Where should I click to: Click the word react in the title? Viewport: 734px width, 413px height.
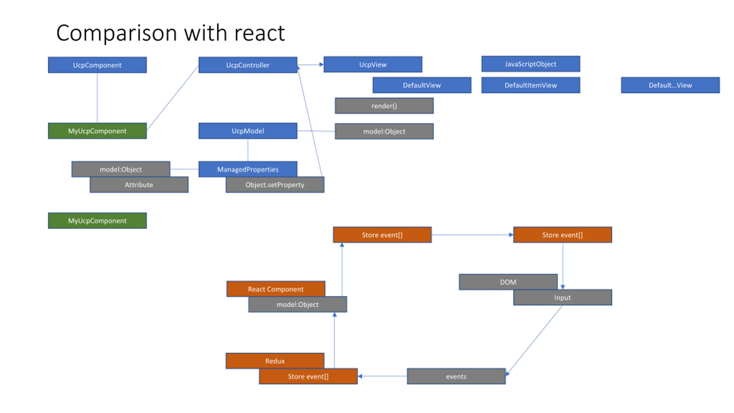259,33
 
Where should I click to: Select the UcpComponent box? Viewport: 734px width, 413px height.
97,65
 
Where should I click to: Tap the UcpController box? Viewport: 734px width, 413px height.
248,65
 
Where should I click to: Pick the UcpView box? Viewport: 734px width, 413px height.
373,64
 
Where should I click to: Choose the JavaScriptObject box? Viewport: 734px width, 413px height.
530,64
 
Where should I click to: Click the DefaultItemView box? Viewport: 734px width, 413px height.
530,85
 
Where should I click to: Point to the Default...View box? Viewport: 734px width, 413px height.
670,85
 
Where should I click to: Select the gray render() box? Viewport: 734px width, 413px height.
384,106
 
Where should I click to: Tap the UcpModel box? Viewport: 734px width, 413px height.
248,131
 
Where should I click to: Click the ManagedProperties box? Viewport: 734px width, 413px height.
248,169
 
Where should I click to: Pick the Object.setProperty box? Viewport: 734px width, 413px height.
275,185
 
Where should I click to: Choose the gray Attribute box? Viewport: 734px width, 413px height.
139,185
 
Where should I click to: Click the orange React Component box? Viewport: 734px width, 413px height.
276,289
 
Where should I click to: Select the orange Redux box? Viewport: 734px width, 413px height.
275,361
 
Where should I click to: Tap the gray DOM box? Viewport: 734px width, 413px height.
508,282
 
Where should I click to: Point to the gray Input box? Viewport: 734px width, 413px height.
562,297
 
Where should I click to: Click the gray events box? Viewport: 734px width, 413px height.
456,376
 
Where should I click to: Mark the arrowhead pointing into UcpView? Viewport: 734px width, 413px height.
321,65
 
